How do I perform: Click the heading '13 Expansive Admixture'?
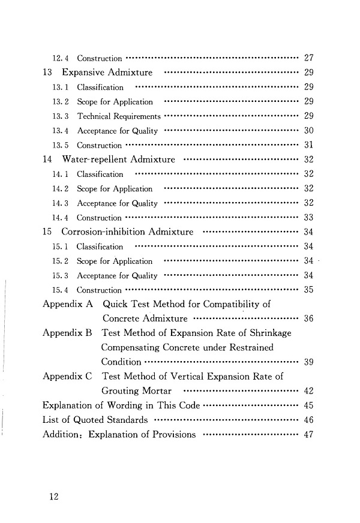point(98,73)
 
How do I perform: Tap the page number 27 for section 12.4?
point(310,59)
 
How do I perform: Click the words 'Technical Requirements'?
point(118,116)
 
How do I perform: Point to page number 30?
point(310,131)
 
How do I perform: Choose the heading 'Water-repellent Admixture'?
point(118,160)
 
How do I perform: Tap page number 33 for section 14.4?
point(310,218)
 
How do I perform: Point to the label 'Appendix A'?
point(67,304)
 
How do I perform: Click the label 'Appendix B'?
point(67,333)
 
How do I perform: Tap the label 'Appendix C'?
point(67,377)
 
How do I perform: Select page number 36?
point(310,318)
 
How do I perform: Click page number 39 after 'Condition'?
point(310,362)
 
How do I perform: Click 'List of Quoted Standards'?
point(95,420)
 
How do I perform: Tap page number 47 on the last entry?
point(310,435)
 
